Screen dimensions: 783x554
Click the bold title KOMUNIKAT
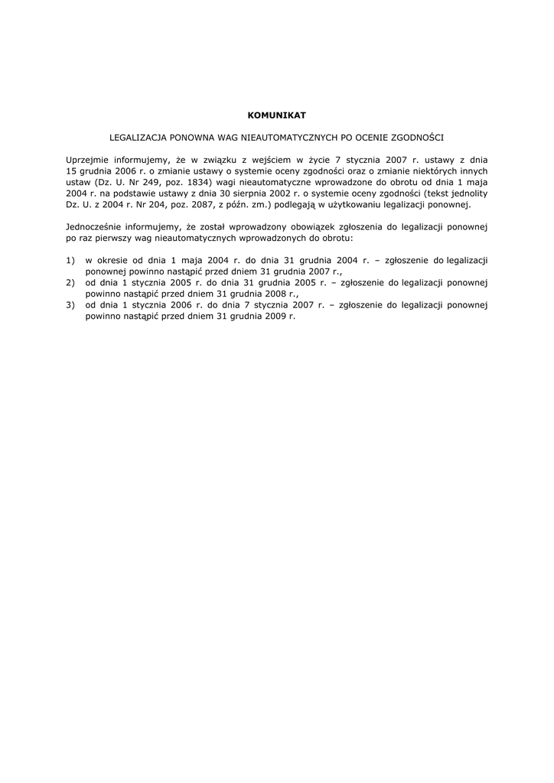277,115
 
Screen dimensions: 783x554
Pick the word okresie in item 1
115,261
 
